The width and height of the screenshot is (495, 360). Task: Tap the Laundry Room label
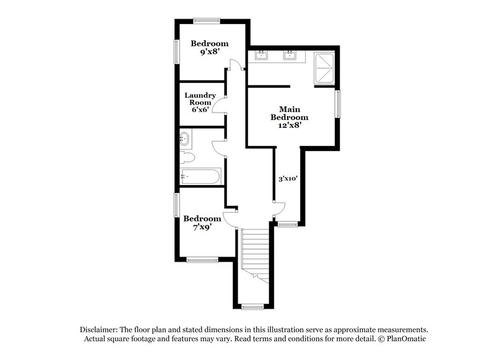pos(200,102)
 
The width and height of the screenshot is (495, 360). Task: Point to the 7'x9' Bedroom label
pos(202,223)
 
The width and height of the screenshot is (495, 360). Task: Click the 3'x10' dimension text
pos(288,179)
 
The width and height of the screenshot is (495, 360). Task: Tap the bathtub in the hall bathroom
pos(199,177)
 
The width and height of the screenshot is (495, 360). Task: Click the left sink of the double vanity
pos(262,56)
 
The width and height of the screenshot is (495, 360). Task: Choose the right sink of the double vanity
pos(289,56)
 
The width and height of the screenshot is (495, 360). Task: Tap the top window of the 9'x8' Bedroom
pos(207,20)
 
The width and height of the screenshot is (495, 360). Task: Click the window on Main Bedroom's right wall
pos(338,104)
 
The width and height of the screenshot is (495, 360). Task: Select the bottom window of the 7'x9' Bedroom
pos(202,260)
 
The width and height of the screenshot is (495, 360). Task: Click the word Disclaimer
pos(100,330)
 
